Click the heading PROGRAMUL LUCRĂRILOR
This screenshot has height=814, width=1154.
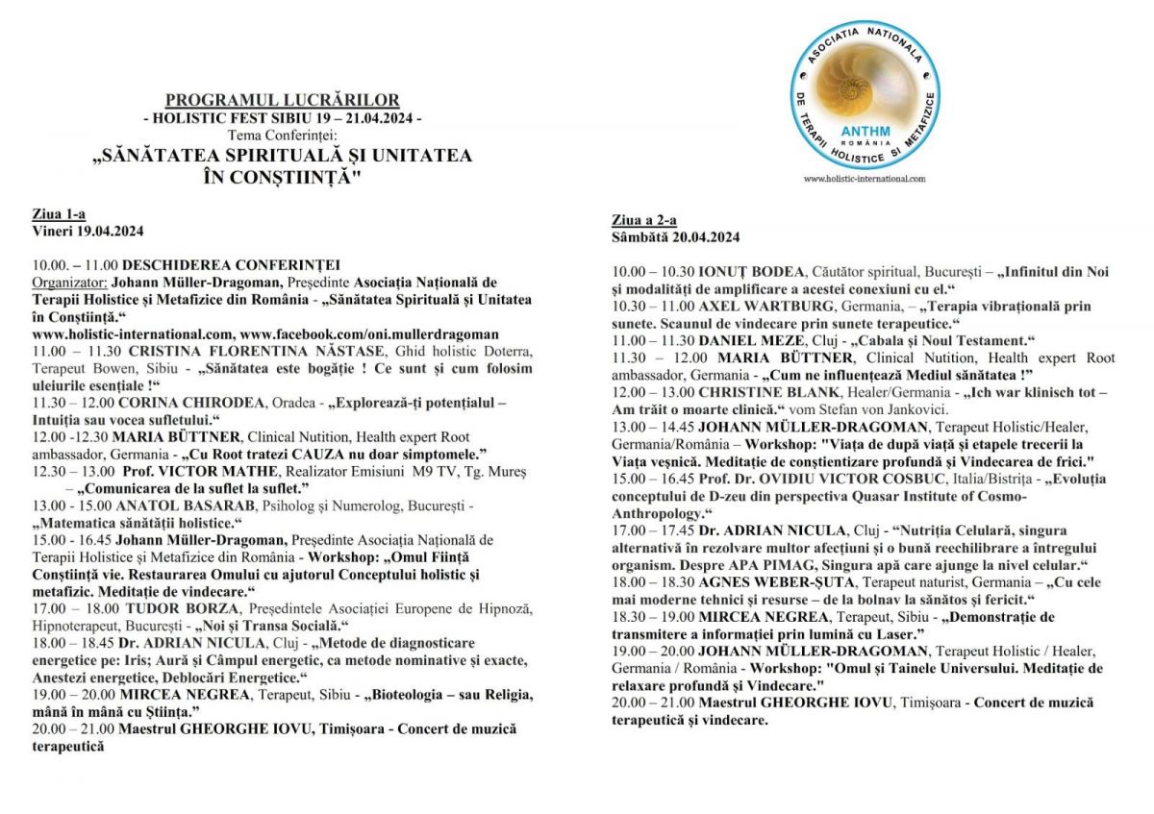click(x=282, y=100)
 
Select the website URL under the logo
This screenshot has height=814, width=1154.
click(x=864, y=179)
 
